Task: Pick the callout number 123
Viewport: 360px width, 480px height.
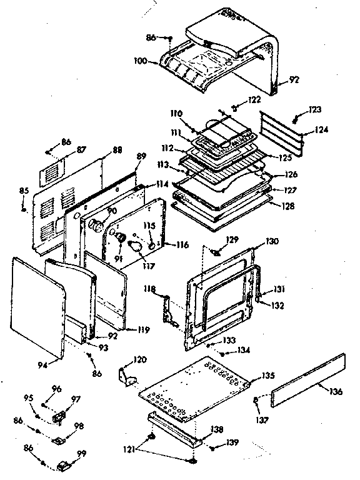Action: point(314,109)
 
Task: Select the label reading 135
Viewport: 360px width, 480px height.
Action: point(269,376)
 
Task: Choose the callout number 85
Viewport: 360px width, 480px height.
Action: point(24,191)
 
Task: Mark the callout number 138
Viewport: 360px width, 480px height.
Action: point(217,429)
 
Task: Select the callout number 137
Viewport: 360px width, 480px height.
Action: point(262,420)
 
